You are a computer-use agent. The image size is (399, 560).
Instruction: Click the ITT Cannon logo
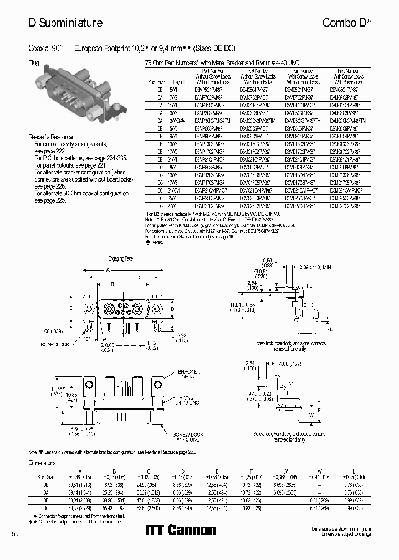click(180, 530)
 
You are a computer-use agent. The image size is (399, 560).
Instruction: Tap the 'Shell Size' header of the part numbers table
click(153, 80)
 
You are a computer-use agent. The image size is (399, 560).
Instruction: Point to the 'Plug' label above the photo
click(34, 64)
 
